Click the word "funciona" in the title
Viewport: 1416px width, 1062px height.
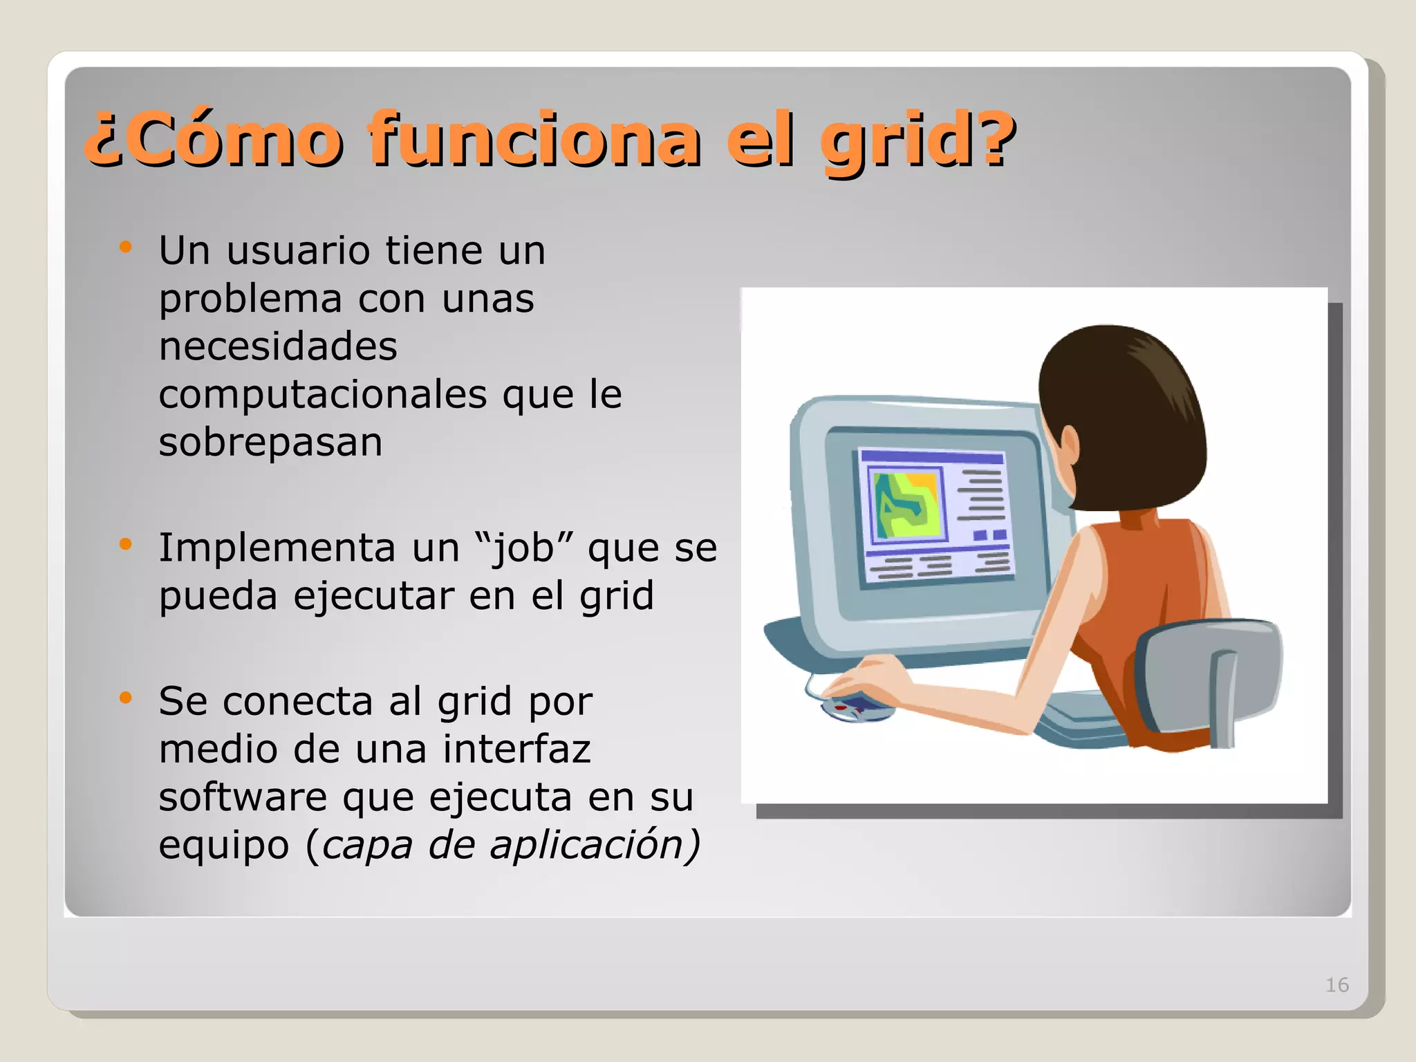coord(534,140)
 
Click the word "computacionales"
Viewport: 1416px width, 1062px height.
coord(323,395)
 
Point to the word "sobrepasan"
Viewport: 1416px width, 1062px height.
coord(270,443)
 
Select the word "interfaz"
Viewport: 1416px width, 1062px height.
coord(517,749)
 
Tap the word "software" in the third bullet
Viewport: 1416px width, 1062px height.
coord(243,797)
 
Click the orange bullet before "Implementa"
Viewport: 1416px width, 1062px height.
coord(125,545)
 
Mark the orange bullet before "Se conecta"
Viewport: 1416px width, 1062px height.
coord(125,698)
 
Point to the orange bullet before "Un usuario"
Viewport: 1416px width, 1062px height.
coord(125,247)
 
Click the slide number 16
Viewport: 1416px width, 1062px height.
coord(1336,985)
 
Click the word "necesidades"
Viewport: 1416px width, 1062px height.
coord(278,346)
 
